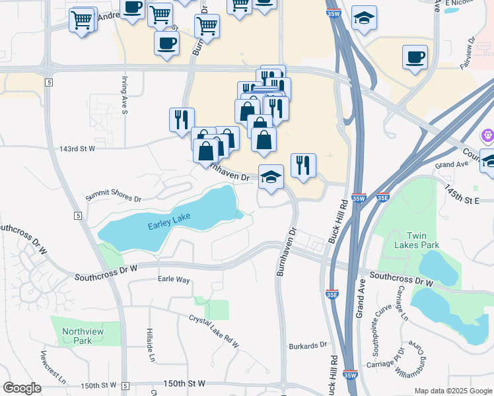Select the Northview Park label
click(x=77, y=336)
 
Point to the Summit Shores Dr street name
click(x=113, y=197)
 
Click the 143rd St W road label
click(x=78, y=148)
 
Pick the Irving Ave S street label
click(x=124, y=96)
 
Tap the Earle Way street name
click(x=174, y=280)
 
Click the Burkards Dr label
click(x=308, y=345)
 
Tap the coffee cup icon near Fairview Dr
click(x=415, y=57)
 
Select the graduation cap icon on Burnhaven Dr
click(x=271, y=176)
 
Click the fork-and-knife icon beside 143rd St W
click(x=182, y=119)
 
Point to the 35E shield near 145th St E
click(x=382, y=197)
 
